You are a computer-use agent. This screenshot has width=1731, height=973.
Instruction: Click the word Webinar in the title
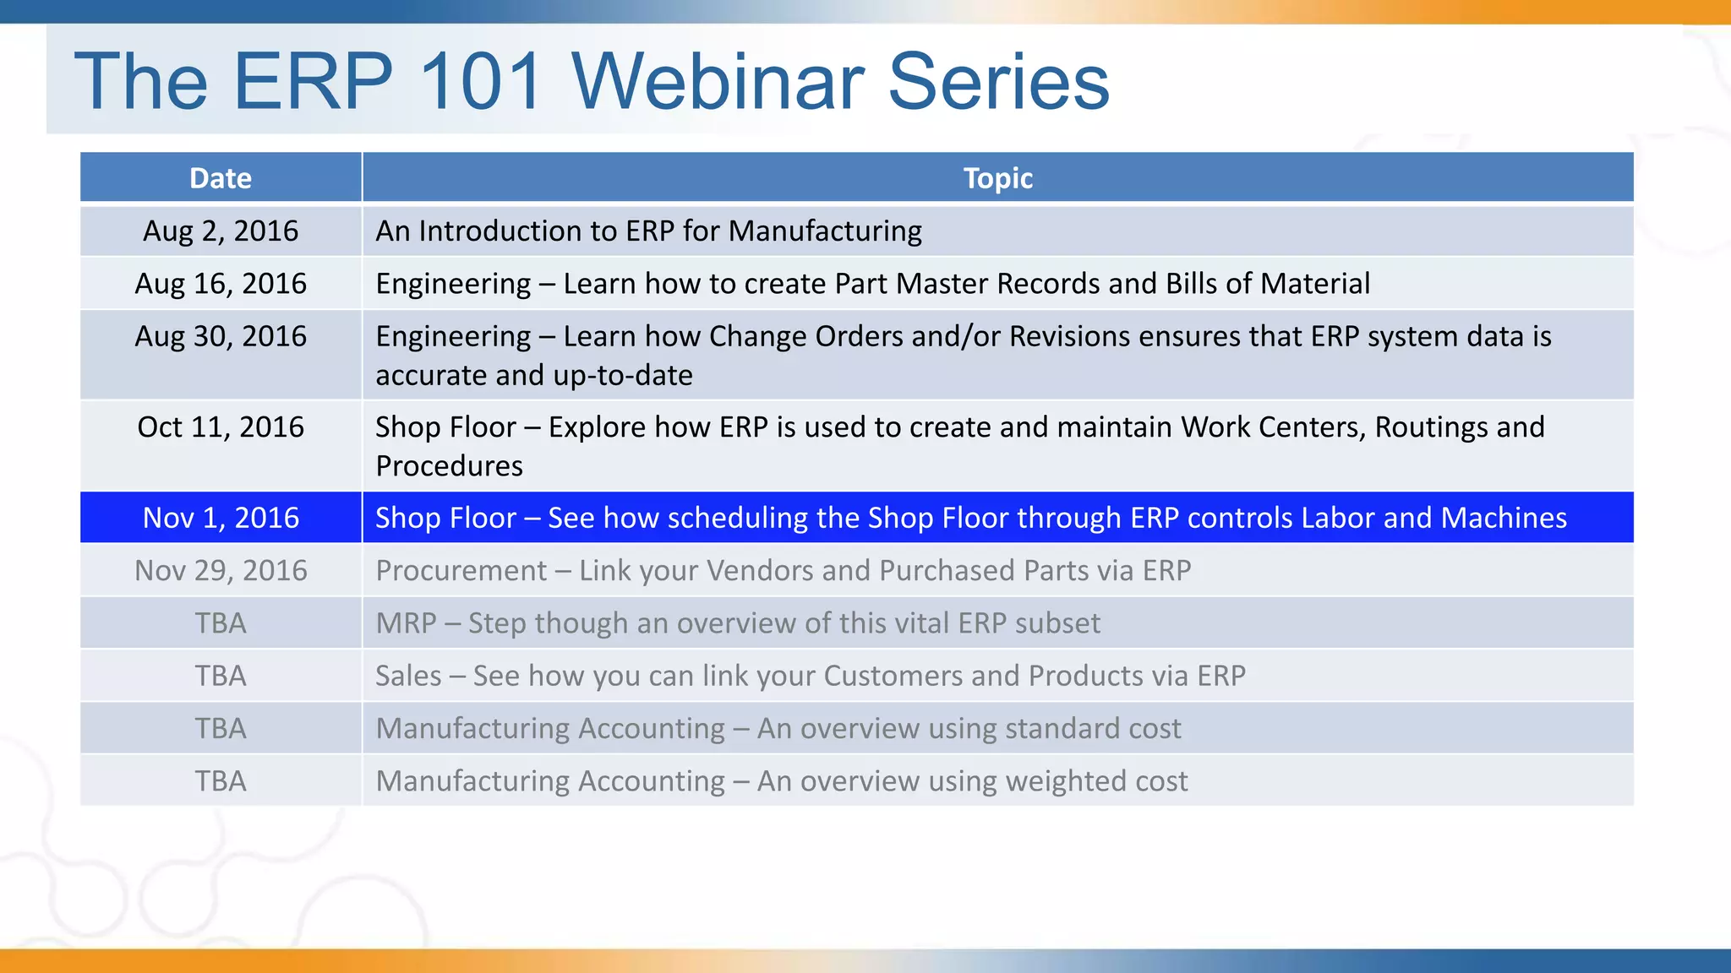coord(718,81)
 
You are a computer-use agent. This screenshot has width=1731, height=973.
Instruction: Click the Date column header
coord(221,178)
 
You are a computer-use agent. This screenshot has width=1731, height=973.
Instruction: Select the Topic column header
coord(997,178)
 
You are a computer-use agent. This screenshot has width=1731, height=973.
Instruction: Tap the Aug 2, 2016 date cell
coord(221,231)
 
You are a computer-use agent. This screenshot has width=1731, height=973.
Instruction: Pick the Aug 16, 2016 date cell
coord(221,283)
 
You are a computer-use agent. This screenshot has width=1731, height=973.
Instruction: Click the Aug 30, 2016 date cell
coord(221,336)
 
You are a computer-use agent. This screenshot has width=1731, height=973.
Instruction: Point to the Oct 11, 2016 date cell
coord(221,427)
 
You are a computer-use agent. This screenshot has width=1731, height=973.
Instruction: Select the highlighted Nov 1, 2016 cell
coord(221,518)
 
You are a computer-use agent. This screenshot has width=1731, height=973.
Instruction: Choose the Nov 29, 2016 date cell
coord(221,570)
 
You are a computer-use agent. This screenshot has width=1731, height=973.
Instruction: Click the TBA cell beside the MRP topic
coord(221,623)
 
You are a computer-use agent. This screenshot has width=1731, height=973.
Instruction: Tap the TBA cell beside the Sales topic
coord(221,676)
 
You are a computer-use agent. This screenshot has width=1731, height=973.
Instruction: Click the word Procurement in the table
coord(461,571)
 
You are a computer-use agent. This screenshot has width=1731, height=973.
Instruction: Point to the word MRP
coord(406,623)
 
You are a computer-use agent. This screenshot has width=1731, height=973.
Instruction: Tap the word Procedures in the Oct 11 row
coord(449,466)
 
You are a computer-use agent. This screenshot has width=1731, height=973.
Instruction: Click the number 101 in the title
coord(480,81)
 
